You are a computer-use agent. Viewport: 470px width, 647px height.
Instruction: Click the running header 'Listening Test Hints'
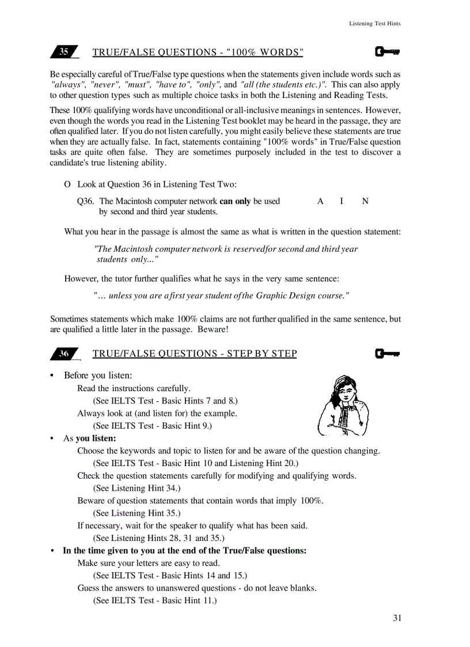[374, 24]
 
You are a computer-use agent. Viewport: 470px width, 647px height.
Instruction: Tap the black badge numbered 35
[64, 52]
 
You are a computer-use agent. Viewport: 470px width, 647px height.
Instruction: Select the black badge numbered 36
[64, 354]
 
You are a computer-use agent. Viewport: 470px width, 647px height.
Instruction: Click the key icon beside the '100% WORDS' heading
[387, 52]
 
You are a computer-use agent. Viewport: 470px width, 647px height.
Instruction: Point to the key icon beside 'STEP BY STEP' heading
[387, 353]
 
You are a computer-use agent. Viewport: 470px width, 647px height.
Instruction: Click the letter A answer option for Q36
[320, 201]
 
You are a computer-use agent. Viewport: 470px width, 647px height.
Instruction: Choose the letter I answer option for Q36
[342, 201]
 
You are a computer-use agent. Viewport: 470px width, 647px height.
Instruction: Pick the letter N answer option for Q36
[365, 201]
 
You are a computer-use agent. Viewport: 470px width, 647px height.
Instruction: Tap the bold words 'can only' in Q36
[235, 201]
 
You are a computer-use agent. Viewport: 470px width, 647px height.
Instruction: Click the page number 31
[397, 618]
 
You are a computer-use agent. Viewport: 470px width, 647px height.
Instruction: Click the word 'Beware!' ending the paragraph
[213, 330]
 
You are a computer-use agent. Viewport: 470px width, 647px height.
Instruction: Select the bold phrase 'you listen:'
[96, 438]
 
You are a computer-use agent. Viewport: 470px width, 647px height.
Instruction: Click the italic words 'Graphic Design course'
[300, 296]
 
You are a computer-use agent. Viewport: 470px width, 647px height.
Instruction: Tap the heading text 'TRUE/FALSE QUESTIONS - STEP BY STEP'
[195, 354]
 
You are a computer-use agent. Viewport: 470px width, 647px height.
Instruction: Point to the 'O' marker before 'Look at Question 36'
[67, 184]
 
